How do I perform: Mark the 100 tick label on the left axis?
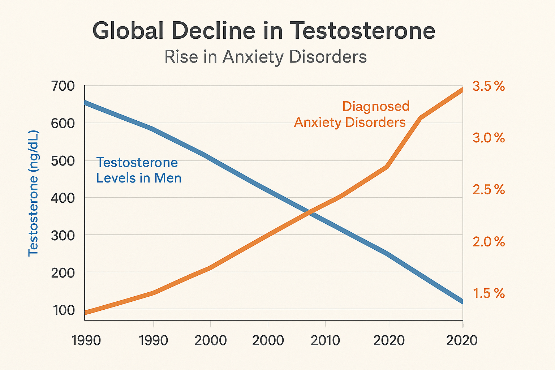(64, 310)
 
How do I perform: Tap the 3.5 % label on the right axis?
(489, 87)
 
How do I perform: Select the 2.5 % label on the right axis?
(489, 190)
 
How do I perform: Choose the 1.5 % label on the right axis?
(489, 294)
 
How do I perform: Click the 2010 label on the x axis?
(325, 341)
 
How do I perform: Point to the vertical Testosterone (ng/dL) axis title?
(33, 193)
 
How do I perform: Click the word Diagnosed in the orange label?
(376, 107)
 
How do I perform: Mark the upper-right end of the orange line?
(462, 90)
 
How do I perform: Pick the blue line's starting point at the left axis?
(85, 103)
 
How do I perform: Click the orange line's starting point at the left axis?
(85, 313)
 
